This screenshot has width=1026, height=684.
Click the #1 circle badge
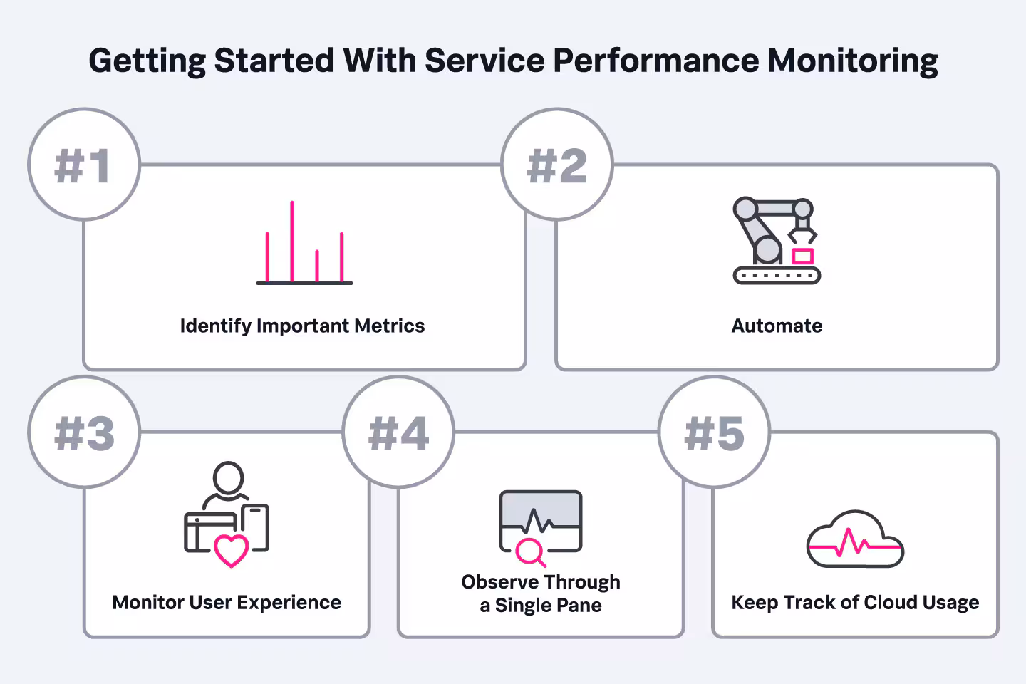[x=84, y=165]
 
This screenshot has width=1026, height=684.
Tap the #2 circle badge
[x=557, y=165]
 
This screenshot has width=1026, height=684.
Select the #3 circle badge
[x=84, y=432]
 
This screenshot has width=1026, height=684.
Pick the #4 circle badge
[x=398, y=432]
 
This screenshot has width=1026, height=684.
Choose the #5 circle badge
[x=714, y=432]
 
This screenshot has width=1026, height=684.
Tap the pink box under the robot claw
[x=802, y=256]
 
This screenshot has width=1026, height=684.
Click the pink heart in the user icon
[x=232, y=550]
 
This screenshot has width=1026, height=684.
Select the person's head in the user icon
[x=228, y=477]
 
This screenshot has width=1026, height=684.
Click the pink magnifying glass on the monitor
[x=529, y=551]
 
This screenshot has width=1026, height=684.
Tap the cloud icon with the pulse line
[x=855, y=540]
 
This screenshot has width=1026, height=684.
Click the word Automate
[x=777, y=326]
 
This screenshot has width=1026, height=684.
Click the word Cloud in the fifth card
[x=890, y=603]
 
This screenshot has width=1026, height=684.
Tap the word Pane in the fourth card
[x=579, y=606]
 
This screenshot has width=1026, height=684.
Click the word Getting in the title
[x=147, y=61]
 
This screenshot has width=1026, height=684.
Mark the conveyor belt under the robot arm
[x=777, y=274]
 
